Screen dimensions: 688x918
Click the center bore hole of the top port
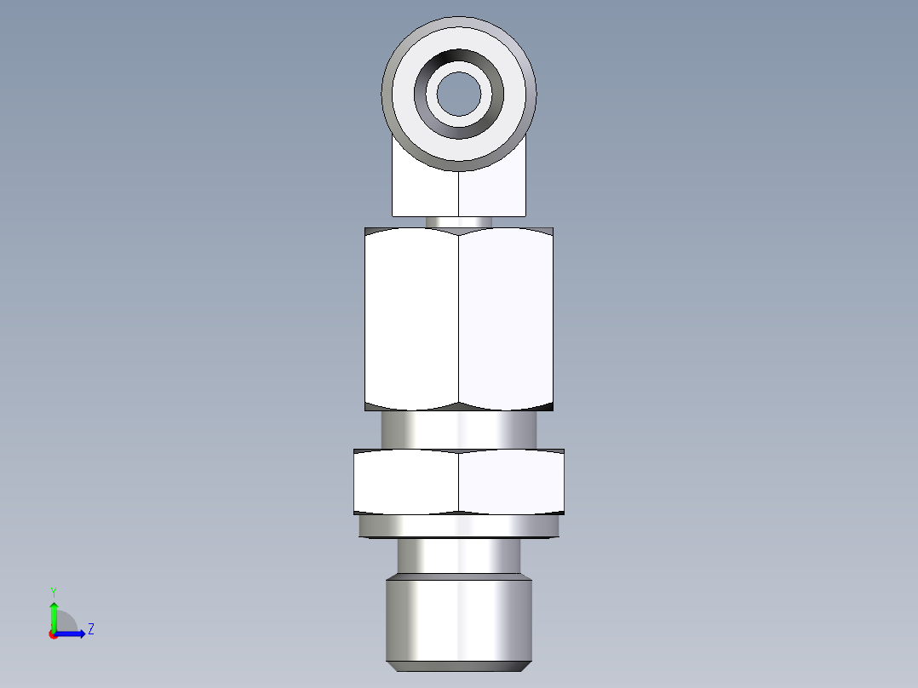pyautogui.click(x=459, y=93)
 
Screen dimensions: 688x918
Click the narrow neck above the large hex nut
pyautogui.click(x=458, y=221)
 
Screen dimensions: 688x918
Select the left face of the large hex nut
pyautogui.click(x=412, y=319)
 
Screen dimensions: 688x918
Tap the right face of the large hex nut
pyautogui.click(x=506, y=319)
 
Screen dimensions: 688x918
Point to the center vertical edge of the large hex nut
pyautogui.click(x=459, y=319)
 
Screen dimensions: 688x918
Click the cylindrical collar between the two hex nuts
pyautogui.click(x=459, y=430)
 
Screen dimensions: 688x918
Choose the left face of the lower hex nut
pyautogui.click(x=406, y=482)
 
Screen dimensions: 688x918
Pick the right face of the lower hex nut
pyautogui.click(x=511, y=482)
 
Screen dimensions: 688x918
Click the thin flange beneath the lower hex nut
pyautogui.click(x=459, y=527)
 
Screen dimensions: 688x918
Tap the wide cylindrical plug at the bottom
pyautogui.click(x=459, y=617)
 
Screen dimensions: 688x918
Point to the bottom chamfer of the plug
pyautogui.click(x=459, y=663)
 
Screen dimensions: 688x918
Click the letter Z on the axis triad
pyautogui.click(x=90, y=629)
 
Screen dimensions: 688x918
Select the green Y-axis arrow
pyautogui.click(x=54, y=615)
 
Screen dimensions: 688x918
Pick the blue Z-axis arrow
pyautogui.click(x=73, y=633)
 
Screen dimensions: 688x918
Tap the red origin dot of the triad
pyautogui.click(x=54, y=634)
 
